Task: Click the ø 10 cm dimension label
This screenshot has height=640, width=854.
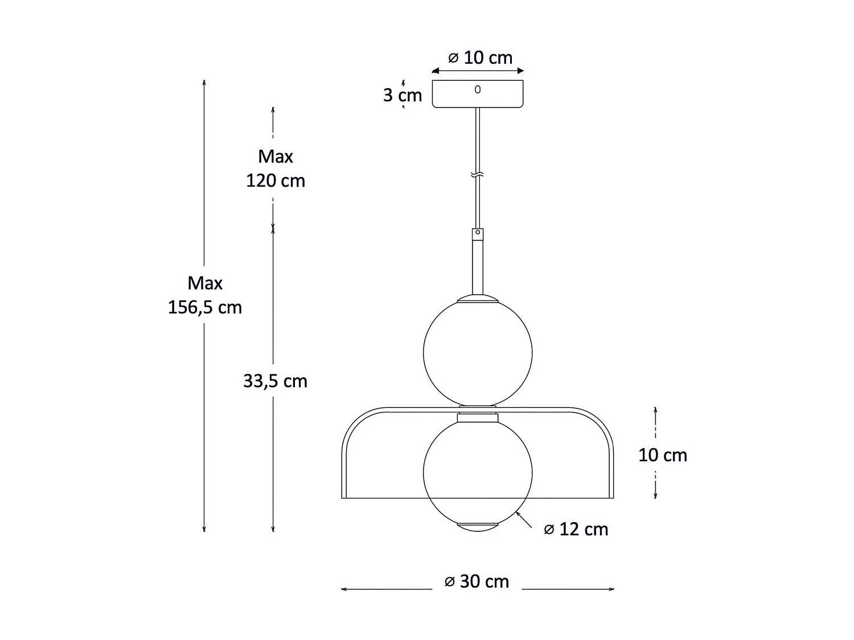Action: pos(480,57)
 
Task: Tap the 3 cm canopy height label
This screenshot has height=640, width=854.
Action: pos(402,95)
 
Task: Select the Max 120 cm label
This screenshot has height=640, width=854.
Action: pos(276,168)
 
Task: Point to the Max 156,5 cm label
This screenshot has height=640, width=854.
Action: pos(205,295)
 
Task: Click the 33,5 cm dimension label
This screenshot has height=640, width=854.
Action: pos(276,381)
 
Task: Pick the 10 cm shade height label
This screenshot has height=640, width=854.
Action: pos(662,455)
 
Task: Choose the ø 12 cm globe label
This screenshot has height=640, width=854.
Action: pos(576,530)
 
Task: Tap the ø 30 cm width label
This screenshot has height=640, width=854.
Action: pos(477,581)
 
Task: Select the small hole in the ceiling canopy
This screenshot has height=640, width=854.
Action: pos(478,89)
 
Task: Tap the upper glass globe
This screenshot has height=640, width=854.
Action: pos(478,353)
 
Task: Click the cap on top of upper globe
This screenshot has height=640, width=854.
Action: pos(478,298)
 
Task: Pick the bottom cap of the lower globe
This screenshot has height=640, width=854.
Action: pos(478,526)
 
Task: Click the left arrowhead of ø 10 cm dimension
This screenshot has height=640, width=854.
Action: pos(435,71)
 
